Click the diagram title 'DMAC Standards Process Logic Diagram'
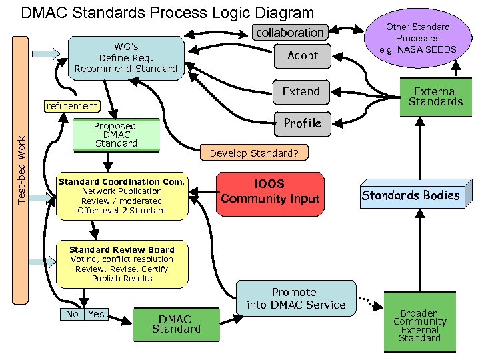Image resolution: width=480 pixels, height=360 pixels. pyautogui.click(x=167, y=13)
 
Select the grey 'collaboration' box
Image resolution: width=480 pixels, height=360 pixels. pyautogui.click(x=290, y=32)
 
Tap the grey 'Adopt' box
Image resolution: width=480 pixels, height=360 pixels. pyautogui.click(x=303, y=56)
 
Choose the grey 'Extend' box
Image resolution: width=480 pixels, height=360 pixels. pyautogui.click(x=301, y=92)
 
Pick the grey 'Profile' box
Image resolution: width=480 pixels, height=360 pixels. pyautogui.click(x=303, y=123)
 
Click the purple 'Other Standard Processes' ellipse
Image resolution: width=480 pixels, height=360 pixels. pyautogui.click(x=418, y=38)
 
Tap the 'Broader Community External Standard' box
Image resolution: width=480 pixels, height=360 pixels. pyautogui.click(x=420, y=325)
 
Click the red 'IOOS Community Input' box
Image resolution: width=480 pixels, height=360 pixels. pyautogui.click(x=270, y=193)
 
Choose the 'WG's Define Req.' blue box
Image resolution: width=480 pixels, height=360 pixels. pyautogui.click(x=126, y=58)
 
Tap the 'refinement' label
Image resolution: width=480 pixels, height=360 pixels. pyautogui.click(x=71, y=106)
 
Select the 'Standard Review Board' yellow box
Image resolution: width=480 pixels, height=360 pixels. pyautogui.click(x=121, y=264)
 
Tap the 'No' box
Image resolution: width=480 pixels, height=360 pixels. pyautogui.click(x=72, y=314)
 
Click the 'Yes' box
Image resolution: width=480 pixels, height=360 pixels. pyautogui.click(x=97, y=314)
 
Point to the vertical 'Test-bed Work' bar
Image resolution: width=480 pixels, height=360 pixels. pyautogui.click(x=22, y=170)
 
